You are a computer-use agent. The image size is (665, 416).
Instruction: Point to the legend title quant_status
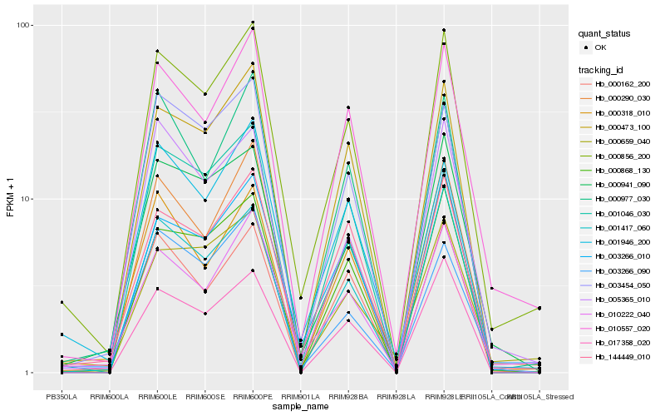(x=604, y=33)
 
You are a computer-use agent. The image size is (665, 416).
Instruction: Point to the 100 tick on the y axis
(x=25, y=25)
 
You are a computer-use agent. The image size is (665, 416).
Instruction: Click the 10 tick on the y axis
(x=27, y=199)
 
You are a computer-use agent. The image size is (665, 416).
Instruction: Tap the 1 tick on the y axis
(x=29, y=373)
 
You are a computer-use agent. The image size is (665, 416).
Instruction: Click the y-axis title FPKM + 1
(x=10, y=200)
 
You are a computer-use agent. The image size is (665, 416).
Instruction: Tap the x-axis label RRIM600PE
(x=253, y=395)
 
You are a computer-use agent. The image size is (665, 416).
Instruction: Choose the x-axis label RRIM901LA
(x=300, y=395)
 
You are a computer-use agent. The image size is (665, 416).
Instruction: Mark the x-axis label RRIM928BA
(x=348, y=395)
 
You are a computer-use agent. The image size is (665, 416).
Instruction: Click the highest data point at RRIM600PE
(x=253, y=22)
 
